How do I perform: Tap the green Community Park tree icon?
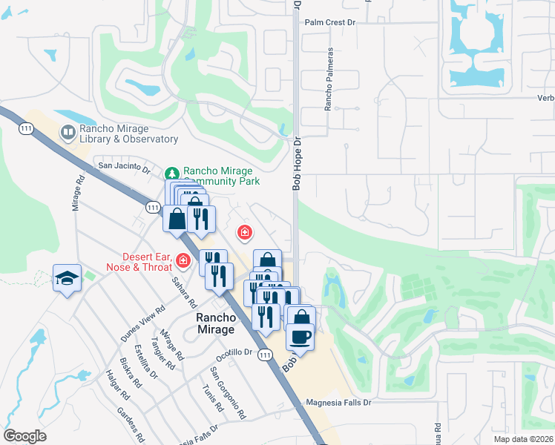[172, 173]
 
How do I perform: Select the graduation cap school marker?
[67, 279]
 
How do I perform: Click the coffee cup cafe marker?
[301, 337]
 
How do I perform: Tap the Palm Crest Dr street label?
[331, 22]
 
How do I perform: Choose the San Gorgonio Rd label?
[228, 394]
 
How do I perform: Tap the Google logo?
[24, 436]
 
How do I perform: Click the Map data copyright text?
[523, 439]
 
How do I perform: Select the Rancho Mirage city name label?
[215, 323]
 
